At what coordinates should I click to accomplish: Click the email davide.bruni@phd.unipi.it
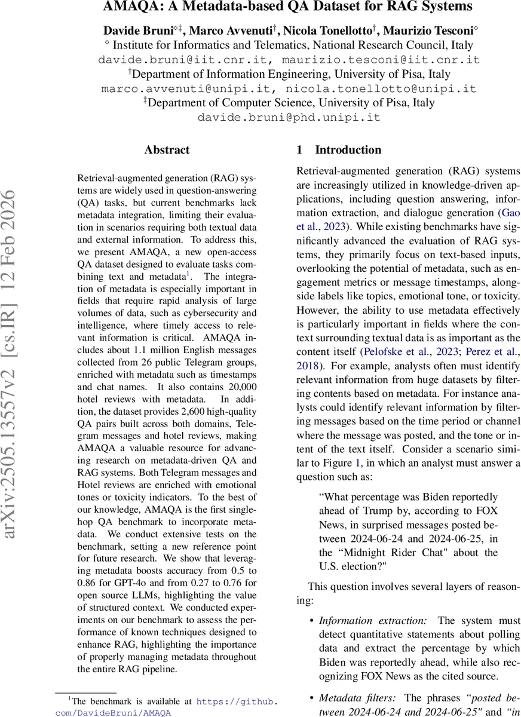pos(289,118)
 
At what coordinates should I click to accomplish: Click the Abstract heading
pos(167,151)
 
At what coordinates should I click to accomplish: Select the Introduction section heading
pos(348,151)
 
